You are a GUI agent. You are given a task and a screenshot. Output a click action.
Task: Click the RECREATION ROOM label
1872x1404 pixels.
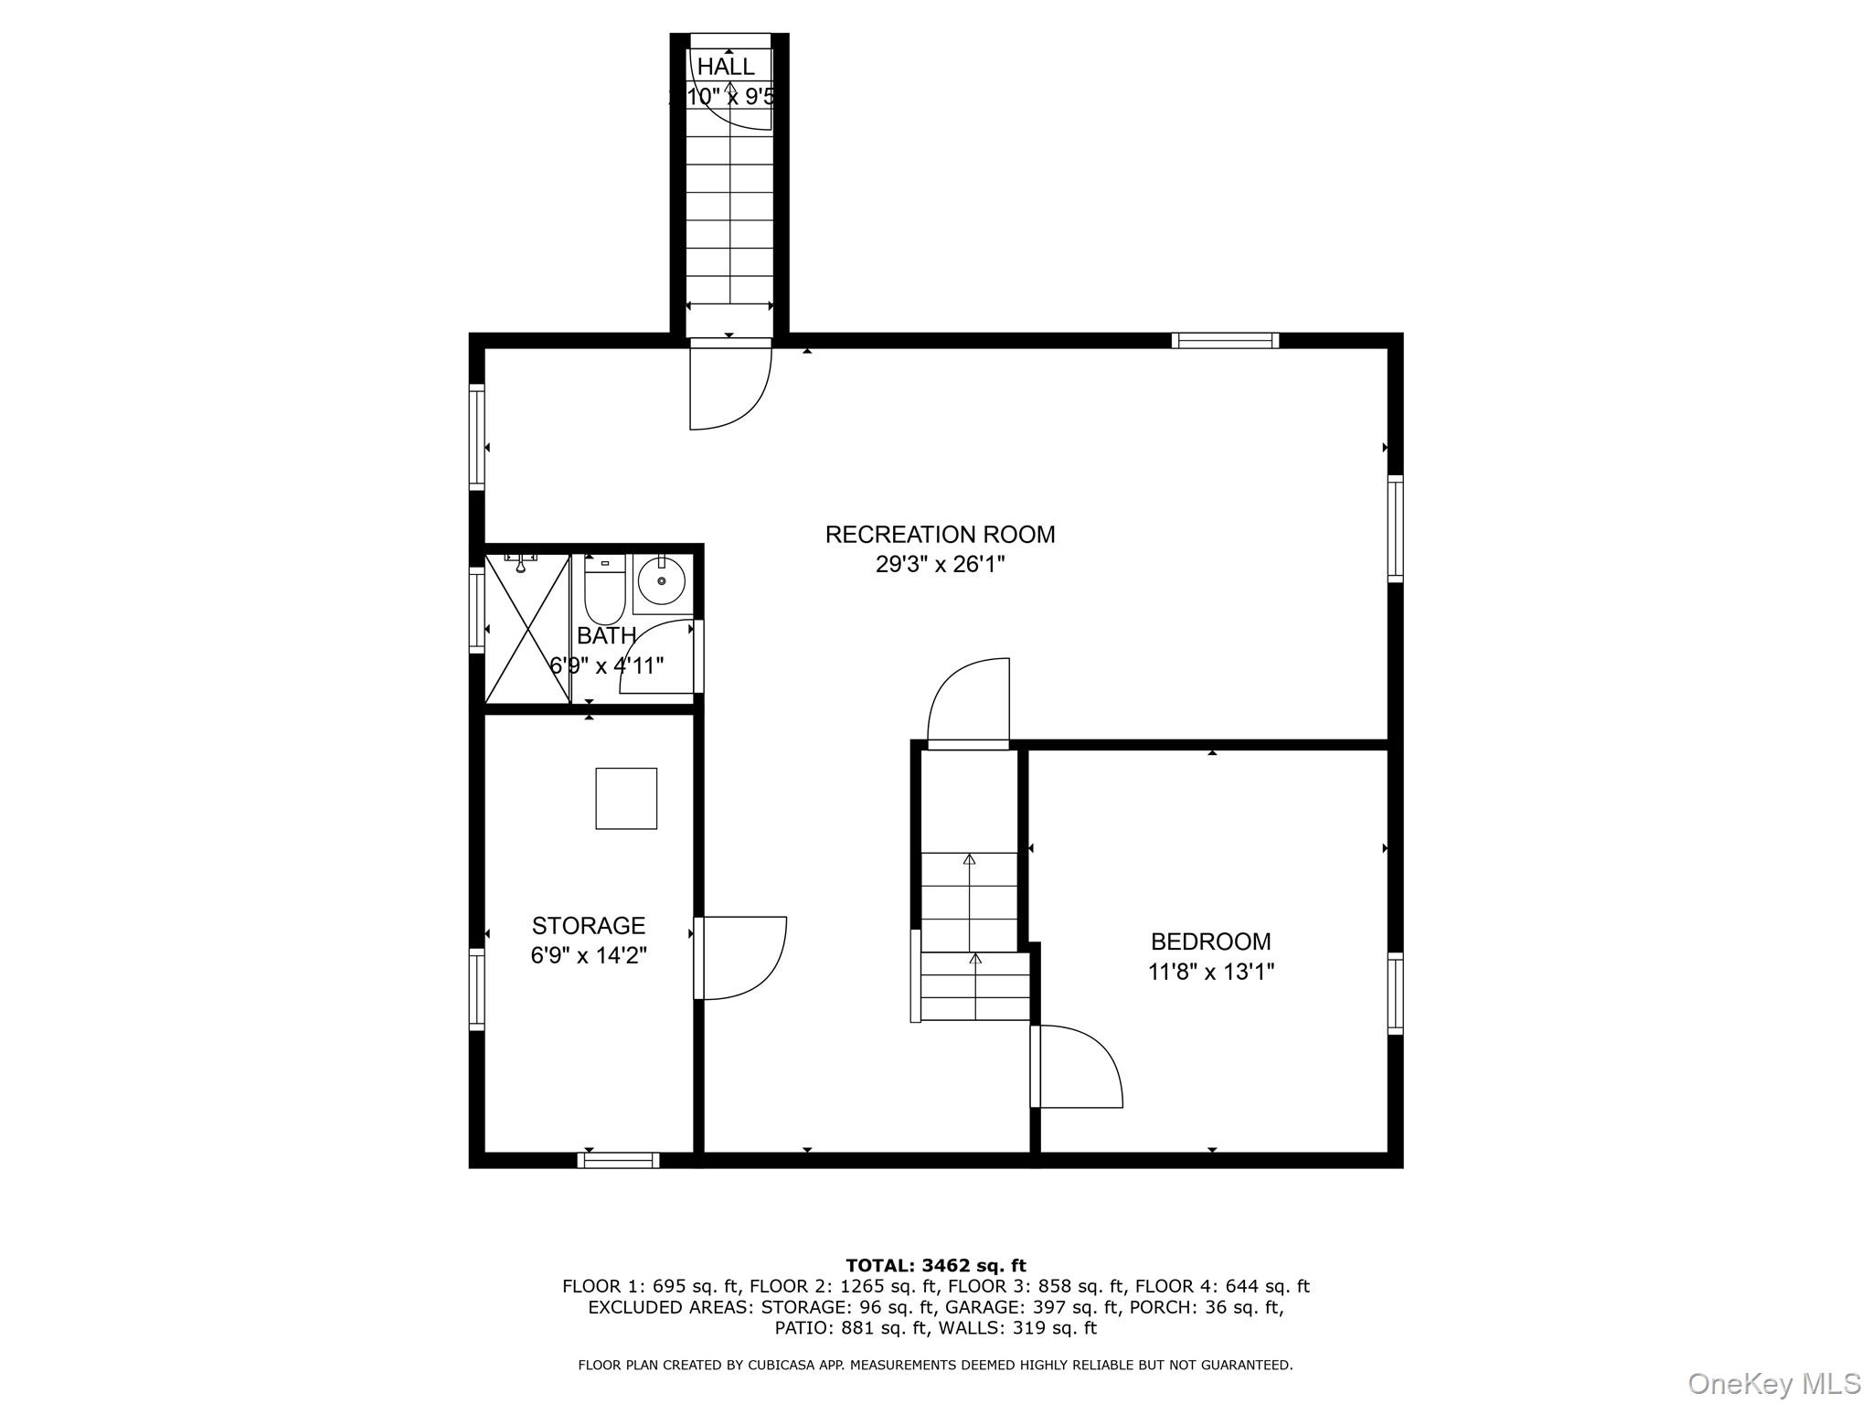[x=940, y=535]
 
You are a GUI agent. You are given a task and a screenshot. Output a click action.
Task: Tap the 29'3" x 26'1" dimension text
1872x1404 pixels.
[x=940, y=565]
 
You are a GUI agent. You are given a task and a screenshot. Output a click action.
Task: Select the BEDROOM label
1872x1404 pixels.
[x=1210, y=941]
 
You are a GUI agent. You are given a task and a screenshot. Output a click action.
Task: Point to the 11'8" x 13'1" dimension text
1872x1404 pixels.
[x=1210, y=972]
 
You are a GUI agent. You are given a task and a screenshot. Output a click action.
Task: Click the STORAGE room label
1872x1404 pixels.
[x=589, y=926]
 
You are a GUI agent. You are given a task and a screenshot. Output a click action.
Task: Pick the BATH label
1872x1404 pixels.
[x=606, y=635]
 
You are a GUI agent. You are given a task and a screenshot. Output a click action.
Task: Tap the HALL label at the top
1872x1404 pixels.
[x=726, y=67]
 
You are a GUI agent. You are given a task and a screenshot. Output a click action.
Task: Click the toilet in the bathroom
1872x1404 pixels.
[x=604, y=590]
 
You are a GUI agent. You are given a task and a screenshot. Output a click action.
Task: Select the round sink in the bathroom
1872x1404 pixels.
[x=661, y=580]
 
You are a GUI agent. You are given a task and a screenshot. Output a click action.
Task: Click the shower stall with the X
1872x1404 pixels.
[x=526, y=629]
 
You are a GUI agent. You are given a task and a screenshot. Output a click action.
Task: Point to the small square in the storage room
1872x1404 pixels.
[x=626, y=799]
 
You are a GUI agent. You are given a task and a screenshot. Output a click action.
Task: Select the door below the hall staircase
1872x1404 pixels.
[x=729, y=384]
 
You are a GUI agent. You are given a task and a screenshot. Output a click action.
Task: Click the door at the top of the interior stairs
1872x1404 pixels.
[x=970, y=702]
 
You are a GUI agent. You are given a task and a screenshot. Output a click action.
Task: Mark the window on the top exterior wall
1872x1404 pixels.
[x=1225, y=341]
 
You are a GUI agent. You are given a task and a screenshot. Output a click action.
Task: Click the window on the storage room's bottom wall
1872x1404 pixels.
[x=618, y=1161]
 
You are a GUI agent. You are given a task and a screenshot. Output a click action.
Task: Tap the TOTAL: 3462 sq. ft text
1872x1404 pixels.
[x=935, y=1266]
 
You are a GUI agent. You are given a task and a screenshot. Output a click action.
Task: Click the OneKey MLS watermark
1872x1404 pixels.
[x=1773, y=1384]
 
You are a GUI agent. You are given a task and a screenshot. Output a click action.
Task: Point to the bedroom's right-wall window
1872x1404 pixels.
[x=1395, y=994]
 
